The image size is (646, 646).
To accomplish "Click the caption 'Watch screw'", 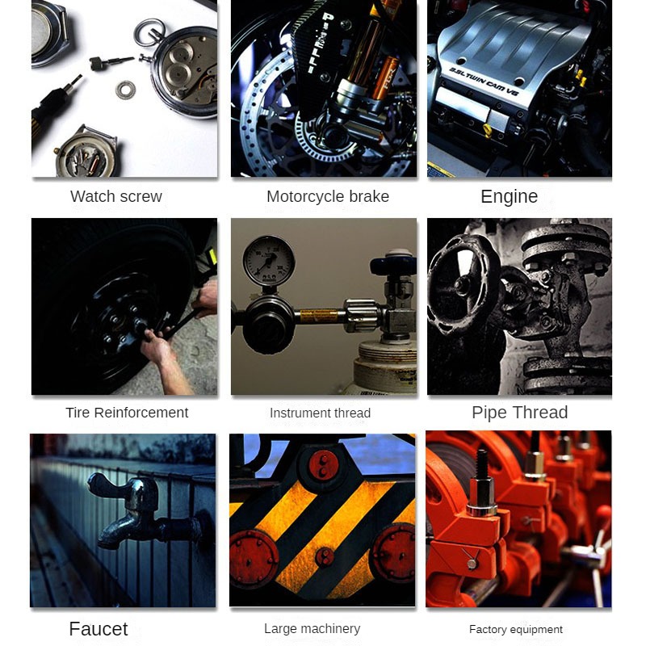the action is [x=116, y=196].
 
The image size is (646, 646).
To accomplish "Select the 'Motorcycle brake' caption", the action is [x=328, y=196].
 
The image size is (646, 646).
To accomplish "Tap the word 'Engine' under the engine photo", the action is [x=510, y=196].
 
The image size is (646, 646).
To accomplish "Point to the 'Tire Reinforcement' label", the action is [x=127, y=413].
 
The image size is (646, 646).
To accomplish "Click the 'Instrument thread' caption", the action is [x=320, y=413].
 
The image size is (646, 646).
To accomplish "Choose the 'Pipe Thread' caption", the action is [x=520, y=413].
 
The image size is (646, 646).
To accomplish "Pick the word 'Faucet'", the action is [x=99, y=629].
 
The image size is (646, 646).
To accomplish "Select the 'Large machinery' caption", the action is [x=313, y=629].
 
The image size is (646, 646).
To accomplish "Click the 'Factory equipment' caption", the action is [x=516, y=630].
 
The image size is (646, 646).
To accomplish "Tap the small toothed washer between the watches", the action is [x=125, y=90].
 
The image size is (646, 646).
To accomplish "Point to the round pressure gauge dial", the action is [x=269, y=261].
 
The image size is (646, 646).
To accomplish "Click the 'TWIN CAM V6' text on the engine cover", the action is [x=484, y=82].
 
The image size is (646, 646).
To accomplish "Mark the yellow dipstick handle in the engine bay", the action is [x=488, y=130].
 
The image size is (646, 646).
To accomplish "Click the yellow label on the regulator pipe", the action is [x=319, y=316].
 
